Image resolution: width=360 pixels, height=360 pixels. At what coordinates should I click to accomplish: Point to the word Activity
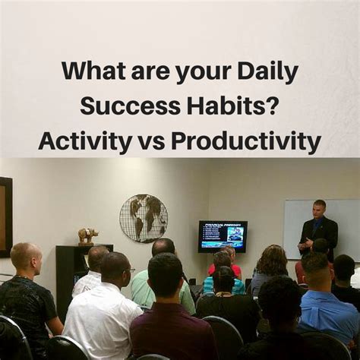click(x=83, y=141)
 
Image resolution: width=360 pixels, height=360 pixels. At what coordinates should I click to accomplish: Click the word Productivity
click(x=245, y=141)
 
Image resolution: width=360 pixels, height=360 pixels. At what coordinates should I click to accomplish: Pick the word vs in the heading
click(x=150, y=141)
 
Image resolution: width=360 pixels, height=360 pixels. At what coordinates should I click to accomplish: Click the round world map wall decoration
click(x=143, y=217)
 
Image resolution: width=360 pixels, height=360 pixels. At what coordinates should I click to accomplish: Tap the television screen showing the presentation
click(x=223, y=235)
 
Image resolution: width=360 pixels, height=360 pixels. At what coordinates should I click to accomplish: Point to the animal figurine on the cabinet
click(x=87, y=235)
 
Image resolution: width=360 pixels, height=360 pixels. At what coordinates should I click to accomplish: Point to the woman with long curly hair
click(x=271, y=270)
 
